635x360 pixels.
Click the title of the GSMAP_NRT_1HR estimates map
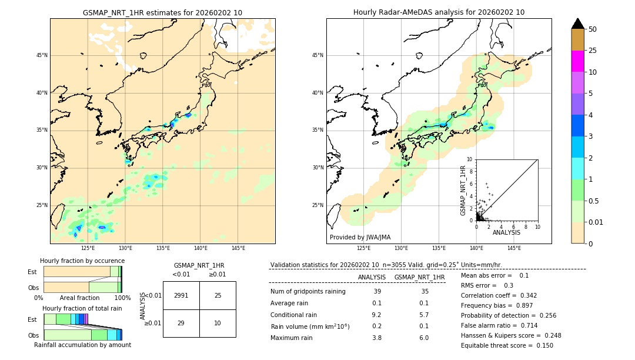coord(162,12)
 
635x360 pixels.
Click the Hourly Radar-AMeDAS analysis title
coord(439,12)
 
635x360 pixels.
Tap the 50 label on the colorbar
coord(593,29)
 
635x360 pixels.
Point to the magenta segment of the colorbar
coord(577,61)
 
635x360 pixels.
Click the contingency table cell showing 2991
coord(181,295)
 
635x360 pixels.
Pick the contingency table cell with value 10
coord(218,323)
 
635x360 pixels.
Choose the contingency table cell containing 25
coord(218,295)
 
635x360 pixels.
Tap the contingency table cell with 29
coord(181,323)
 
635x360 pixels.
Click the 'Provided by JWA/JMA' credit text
coord(360,237)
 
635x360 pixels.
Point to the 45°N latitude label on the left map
coord(42,55)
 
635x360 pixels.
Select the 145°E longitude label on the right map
coord(514,248)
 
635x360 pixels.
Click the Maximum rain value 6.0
coord(423,338)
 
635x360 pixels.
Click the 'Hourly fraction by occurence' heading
coord(82,261)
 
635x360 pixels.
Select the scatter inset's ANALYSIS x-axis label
coord(506,232)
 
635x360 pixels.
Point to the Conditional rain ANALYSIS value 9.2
coord(377,315)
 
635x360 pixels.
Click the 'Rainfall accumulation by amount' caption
coord(82,345)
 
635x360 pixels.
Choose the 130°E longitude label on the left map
coord(125,248)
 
